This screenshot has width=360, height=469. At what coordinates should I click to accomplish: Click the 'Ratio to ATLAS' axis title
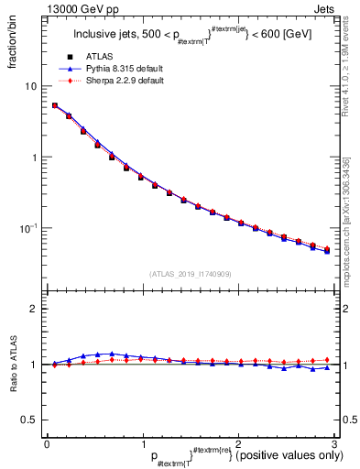pyautogui.click(x=16, y=366)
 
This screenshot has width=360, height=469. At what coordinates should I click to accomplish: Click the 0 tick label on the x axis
pyautogui.click(x=47, y=444)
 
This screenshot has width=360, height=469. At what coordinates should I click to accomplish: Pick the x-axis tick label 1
pyautogui.click(x=142, y=444)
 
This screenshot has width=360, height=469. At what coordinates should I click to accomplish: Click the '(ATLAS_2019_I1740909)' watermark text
pyautogui.click(x=190, y=274)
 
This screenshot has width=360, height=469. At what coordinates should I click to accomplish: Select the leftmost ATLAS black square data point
pyautogui.click(x=54, y=105)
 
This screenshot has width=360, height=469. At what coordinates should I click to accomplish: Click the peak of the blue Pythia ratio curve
pyautogui.click(x=112, y=354)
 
